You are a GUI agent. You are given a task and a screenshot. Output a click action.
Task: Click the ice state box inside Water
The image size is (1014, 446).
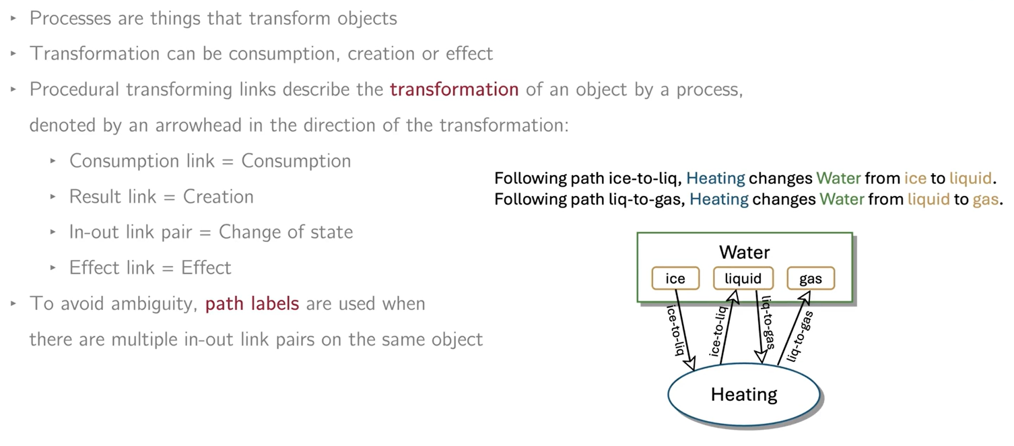point(675,278)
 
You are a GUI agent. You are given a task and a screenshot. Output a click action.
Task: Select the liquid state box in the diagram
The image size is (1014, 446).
point(743,278)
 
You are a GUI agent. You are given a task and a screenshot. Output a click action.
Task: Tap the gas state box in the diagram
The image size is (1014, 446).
point(810,278)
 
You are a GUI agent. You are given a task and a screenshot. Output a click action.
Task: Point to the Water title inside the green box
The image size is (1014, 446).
point(744,253)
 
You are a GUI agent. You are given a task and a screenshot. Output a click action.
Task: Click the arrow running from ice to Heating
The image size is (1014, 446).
point(683,329)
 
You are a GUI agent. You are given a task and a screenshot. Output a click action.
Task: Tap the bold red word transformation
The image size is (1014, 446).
point(454,90)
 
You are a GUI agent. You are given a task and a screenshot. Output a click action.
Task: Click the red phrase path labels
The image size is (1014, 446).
point(252,304)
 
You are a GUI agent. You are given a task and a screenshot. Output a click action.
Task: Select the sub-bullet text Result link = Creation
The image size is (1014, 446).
point(162,197)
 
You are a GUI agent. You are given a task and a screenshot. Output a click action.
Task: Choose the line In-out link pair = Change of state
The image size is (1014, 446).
point(211,232)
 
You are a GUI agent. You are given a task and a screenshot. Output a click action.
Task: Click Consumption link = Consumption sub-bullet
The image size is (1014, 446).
point(210,162)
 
